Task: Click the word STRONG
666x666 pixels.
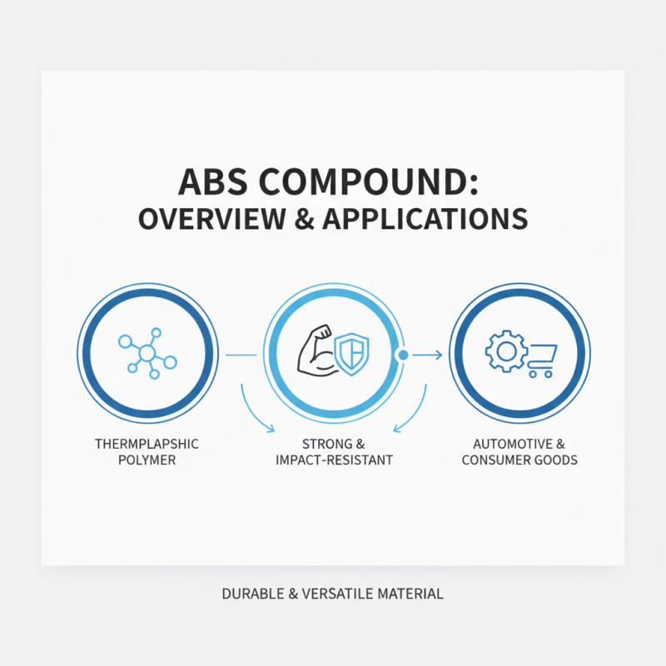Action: (x=320, y=443)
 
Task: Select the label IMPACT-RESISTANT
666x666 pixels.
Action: (x=334, y=460)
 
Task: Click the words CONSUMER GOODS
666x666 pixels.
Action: (x=519, y=460)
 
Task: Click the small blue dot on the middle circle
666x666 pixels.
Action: (x=403, y=355)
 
